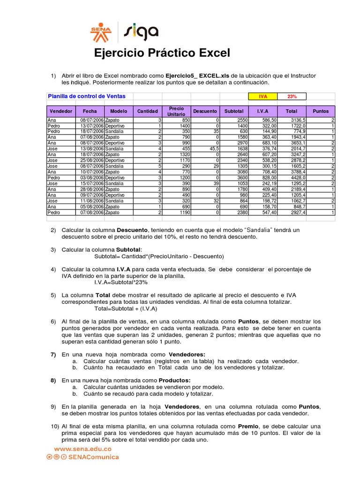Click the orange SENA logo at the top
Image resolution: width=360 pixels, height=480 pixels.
click(101, 33)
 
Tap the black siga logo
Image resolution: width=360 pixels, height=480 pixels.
click(141, 32)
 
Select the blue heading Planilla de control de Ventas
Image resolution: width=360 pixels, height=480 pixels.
click(87, 96)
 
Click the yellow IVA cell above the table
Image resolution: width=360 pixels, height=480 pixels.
click(262, 97)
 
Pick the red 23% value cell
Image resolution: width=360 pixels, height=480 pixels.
click(292, 97)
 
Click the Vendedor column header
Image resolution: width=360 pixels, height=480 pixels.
click(61, 111)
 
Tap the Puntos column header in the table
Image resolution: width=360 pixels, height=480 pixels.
click(321, 111)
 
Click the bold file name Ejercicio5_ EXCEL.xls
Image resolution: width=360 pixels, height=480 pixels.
click(197, 75)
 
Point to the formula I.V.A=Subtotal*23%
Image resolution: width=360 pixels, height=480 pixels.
click(121, 283)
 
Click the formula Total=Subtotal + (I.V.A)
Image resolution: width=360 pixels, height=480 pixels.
click(126, 309)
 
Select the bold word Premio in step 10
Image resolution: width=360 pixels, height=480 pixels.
click(248, 426)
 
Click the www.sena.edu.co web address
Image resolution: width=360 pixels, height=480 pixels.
click(82, 449)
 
